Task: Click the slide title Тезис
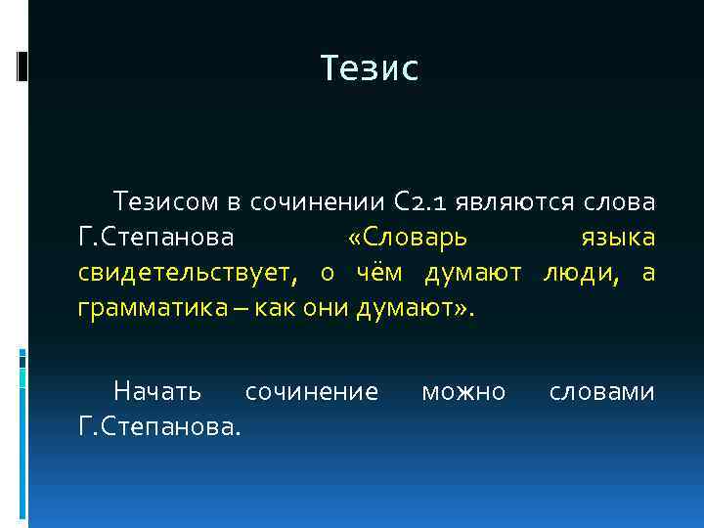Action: tap(370, 68)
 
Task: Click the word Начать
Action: tap(157, 392)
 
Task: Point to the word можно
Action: tap(462, 392)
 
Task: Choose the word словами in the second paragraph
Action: tap(601, 392)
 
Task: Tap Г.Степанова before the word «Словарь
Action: tap(156, 238)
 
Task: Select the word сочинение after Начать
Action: tap(311, 392)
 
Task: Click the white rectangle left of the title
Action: tap(22, 65)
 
